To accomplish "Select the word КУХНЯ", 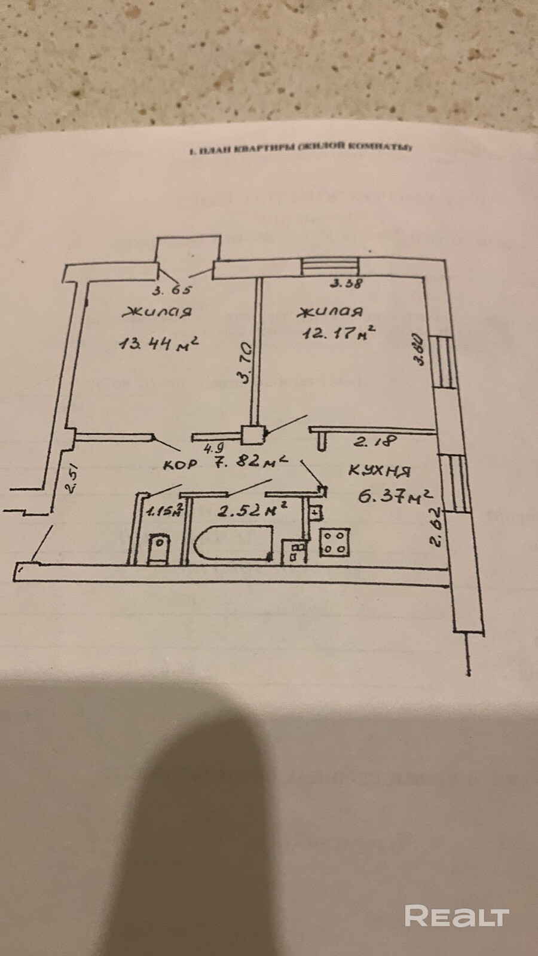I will (x=380, y=471).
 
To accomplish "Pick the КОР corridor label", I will (x=181, y=465).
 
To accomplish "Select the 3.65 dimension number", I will (x=173, y=291).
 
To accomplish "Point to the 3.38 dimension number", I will (x=346, y=284).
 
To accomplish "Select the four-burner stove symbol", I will (x=334, y=541).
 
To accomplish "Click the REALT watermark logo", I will (x=457, y=916).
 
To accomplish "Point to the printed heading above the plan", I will (x=299, y=149).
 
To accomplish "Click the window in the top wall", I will (x=329, y=267).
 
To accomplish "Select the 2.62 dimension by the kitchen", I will (x=436, y=528).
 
